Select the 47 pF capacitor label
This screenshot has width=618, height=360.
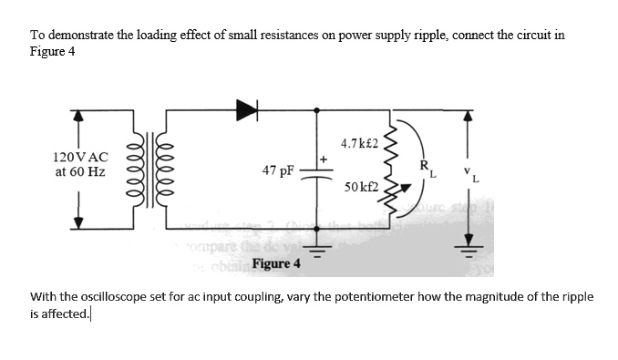[x=276, y=170]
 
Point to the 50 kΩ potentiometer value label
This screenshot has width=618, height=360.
[x=363, y=188]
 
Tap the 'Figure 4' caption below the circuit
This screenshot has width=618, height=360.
[x=275, y=264]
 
